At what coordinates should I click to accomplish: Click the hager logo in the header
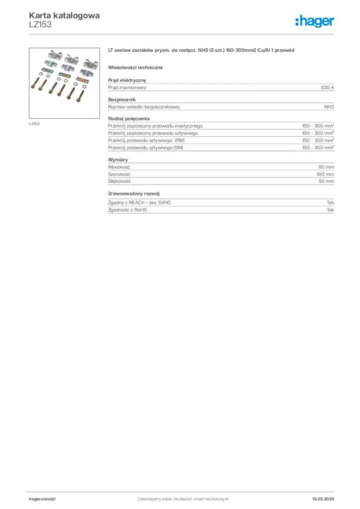(314, 21)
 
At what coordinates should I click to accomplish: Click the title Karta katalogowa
(64, 15)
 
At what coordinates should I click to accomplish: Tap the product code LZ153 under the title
(40, 24)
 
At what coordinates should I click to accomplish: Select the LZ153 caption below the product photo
(34, 123)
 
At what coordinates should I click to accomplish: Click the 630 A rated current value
(327, 87)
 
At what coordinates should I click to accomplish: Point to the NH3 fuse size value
(329, 107)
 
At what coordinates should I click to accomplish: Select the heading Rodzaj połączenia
(129, 119)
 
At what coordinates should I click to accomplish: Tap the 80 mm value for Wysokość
(326, 167)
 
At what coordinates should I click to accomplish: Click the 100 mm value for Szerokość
(325, 174)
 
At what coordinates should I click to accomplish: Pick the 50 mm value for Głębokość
(326, 181)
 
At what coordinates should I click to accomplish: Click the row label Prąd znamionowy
(127, 87)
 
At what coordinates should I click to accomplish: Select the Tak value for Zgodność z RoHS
(330, 210)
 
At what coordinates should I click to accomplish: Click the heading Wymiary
(118, 160)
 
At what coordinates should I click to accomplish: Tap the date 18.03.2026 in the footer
(319, 499)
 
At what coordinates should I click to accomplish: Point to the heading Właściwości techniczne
(135, 67)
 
